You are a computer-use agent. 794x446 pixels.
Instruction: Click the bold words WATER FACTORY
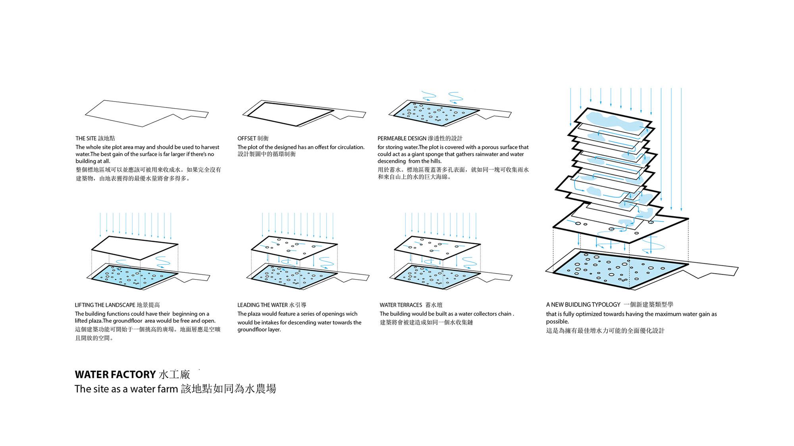[x=115, y=375]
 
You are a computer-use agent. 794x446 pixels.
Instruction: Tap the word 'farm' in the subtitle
[x=167, y=389]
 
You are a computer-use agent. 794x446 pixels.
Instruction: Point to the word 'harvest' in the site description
[x=210, y=147]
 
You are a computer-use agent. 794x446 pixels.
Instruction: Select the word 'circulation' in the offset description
[x=351, y=147]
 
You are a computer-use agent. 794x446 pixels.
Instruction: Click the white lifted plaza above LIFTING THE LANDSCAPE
[x=135, y=247]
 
